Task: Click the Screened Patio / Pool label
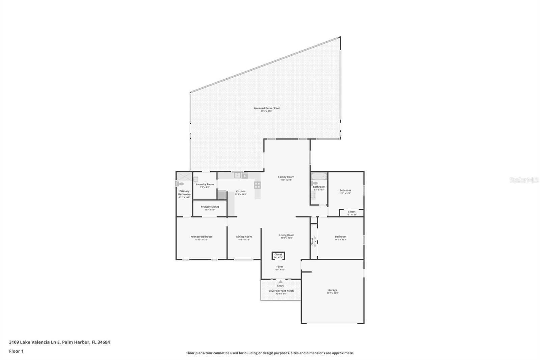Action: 266,108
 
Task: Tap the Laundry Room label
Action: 205,184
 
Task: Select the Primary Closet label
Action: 210,207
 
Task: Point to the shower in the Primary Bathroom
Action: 184,176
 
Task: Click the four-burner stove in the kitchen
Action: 258,185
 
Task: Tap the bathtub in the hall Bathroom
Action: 319,176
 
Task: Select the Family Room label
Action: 286,177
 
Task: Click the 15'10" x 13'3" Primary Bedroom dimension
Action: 201,240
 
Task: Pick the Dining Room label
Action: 244,237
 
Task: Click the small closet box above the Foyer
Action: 278,256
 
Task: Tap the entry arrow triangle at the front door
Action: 280,281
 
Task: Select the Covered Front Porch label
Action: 281,291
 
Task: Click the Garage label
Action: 332,290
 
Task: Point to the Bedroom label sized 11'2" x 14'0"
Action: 345,190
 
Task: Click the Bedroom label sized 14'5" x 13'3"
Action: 341,237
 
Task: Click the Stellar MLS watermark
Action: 524,180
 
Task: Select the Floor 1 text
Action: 16,351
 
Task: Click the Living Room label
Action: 287,235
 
